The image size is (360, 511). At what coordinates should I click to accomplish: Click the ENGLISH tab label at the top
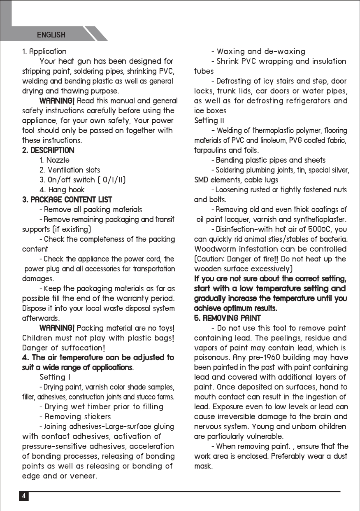pyautogui.click(x=51, y=35)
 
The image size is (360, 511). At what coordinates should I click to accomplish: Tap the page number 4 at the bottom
pyautogui.click(x=23, y=496)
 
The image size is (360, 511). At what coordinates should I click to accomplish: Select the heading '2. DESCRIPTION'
pyautogui.click(x=48, y=150)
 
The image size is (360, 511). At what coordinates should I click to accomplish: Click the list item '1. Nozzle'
pyautogui.click(x=54, y=160)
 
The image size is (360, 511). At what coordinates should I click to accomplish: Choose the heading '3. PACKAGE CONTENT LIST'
pyautogui.click(x=67, y=200)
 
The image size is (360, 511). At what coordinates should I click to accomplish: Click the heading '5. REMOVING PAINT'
pyautogui.click(x=227, y=318)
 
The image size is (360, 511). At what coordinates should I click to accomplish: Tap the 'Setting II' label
pyautogui.click(x=209, y=121)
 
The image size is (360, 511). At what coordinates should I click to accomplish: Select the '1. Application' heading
pyautogui.click(x=44, y=51)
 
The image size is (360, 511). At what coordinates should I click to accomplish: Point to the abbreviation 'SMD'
pyautogui.click(x=202, y=180)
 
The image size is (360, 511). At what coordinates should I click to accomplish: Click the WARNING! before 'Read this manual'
pyautogui.click(x=57, y=101)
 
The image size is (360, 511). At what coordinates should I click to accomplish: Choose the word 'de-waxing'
pyautogui.click(x=285, y=51)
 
